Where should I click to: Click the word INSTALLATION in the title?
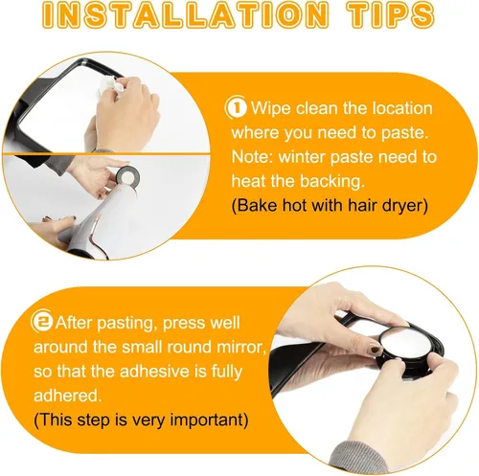point(186,15)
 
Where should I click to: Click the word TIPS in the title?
point(391,15)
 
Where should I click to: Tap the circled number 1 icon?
point(237,107)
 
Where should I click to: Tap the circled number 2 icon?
point(42,322)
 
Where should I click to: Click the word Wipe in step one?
point(271,108)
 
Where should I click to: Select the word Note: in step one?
point(252,157)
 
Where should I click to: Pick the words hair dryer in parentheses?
point(385,206)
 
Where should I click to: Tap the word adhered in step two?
point(68,396)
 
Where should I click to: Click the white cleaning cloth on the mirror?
point(109,85)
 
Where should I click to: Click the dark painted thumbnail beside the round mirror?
point(374,350)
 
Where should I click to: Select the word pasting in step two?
point(125,323)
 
